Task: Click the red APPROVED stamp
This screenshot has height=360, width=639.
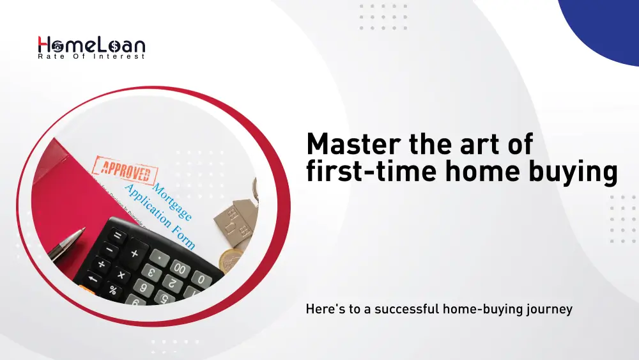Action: (124, 169)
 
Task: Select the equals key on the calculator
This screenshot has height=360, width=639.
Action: (116, 235)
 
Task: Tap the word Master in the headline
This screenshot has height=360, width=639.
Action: (351, 144)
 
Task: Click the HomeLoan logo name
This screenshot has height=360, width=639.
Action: (91, 45)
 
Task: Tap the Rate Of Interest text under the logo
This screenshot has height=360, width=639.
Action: (91, 57)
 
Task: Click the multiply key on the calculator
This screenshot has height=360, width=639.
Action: (121, 276)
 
